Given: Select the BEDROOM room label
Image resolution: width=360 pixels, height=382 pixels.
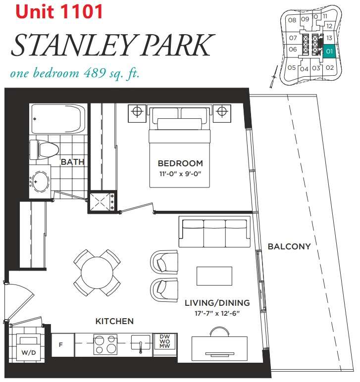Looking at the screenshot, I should [x=180, y=163].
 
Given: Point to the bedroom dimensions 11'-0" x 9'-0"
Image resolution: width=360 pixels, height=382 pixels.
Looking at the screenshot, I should [x=180, y=174].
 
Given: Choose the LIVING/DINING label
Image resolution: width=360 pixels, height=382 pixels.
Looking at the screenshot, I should [x=217, y=303].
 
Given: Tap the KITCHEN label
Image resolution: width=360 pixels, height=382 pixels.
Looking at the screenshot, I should [x=114, y=321].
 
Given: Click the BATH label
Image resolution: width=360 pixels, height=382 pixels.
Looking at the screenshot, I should [x=72, y=162].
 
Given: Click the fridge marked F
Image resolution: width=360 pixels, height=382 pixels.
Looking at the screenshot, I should [x=61, y=344].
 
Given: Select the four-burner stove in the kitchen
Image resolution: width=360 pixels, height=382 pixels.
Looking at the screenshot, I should [x=105, y=344].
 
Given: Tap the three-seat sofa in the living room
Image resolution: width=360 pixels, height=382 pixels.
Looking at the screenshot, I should [x=214, y=231].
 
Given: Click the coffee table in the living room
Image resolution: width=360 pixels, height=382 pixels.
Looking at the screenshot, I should [x=214, y=276].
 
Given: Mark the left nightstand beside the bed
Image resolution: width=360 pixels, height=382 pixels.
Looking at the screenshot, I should [x=137, y=112].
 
